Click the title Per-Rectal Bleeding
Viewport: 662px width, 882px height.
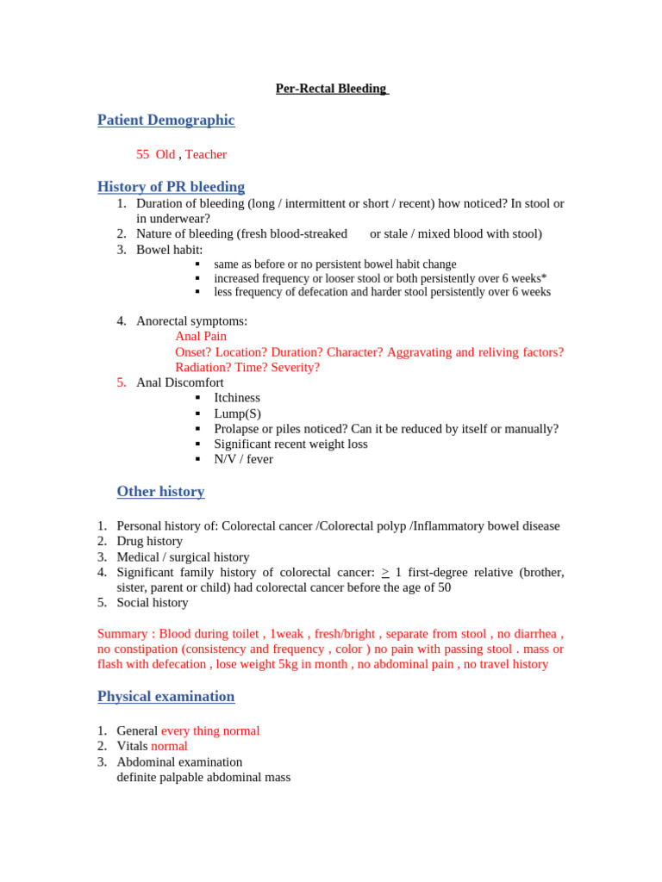331,89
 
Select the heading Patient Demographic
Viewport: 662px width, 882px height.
165,120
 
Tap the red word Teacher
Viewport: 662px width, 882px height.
206,154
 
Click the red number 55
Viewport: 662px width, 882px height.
142,154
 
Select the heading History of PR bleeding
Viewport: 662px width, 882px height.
171,186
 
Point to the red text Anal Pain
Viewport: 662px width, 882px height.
201,336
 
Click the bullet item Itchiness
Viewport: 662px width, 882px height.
237,398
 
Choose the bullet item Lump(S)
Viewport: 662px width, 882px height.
237,413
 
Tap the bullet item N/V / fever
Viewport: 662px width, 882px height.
243,459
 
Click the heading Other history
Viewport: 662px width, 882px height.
160,491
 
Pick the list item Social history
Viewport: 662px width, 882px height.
152,602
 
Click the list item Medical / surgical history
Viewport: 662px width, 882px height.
183,556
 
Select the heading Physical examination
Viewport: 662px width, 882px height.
165,696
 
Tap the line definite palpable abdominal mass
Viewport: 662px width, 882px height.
203,777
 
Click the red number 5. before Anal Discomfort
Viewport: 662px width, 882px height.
122,382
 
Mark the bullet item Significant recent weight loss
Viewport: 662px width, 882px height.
290,444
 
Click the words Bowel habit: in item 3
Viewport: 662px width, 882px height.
169,249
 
